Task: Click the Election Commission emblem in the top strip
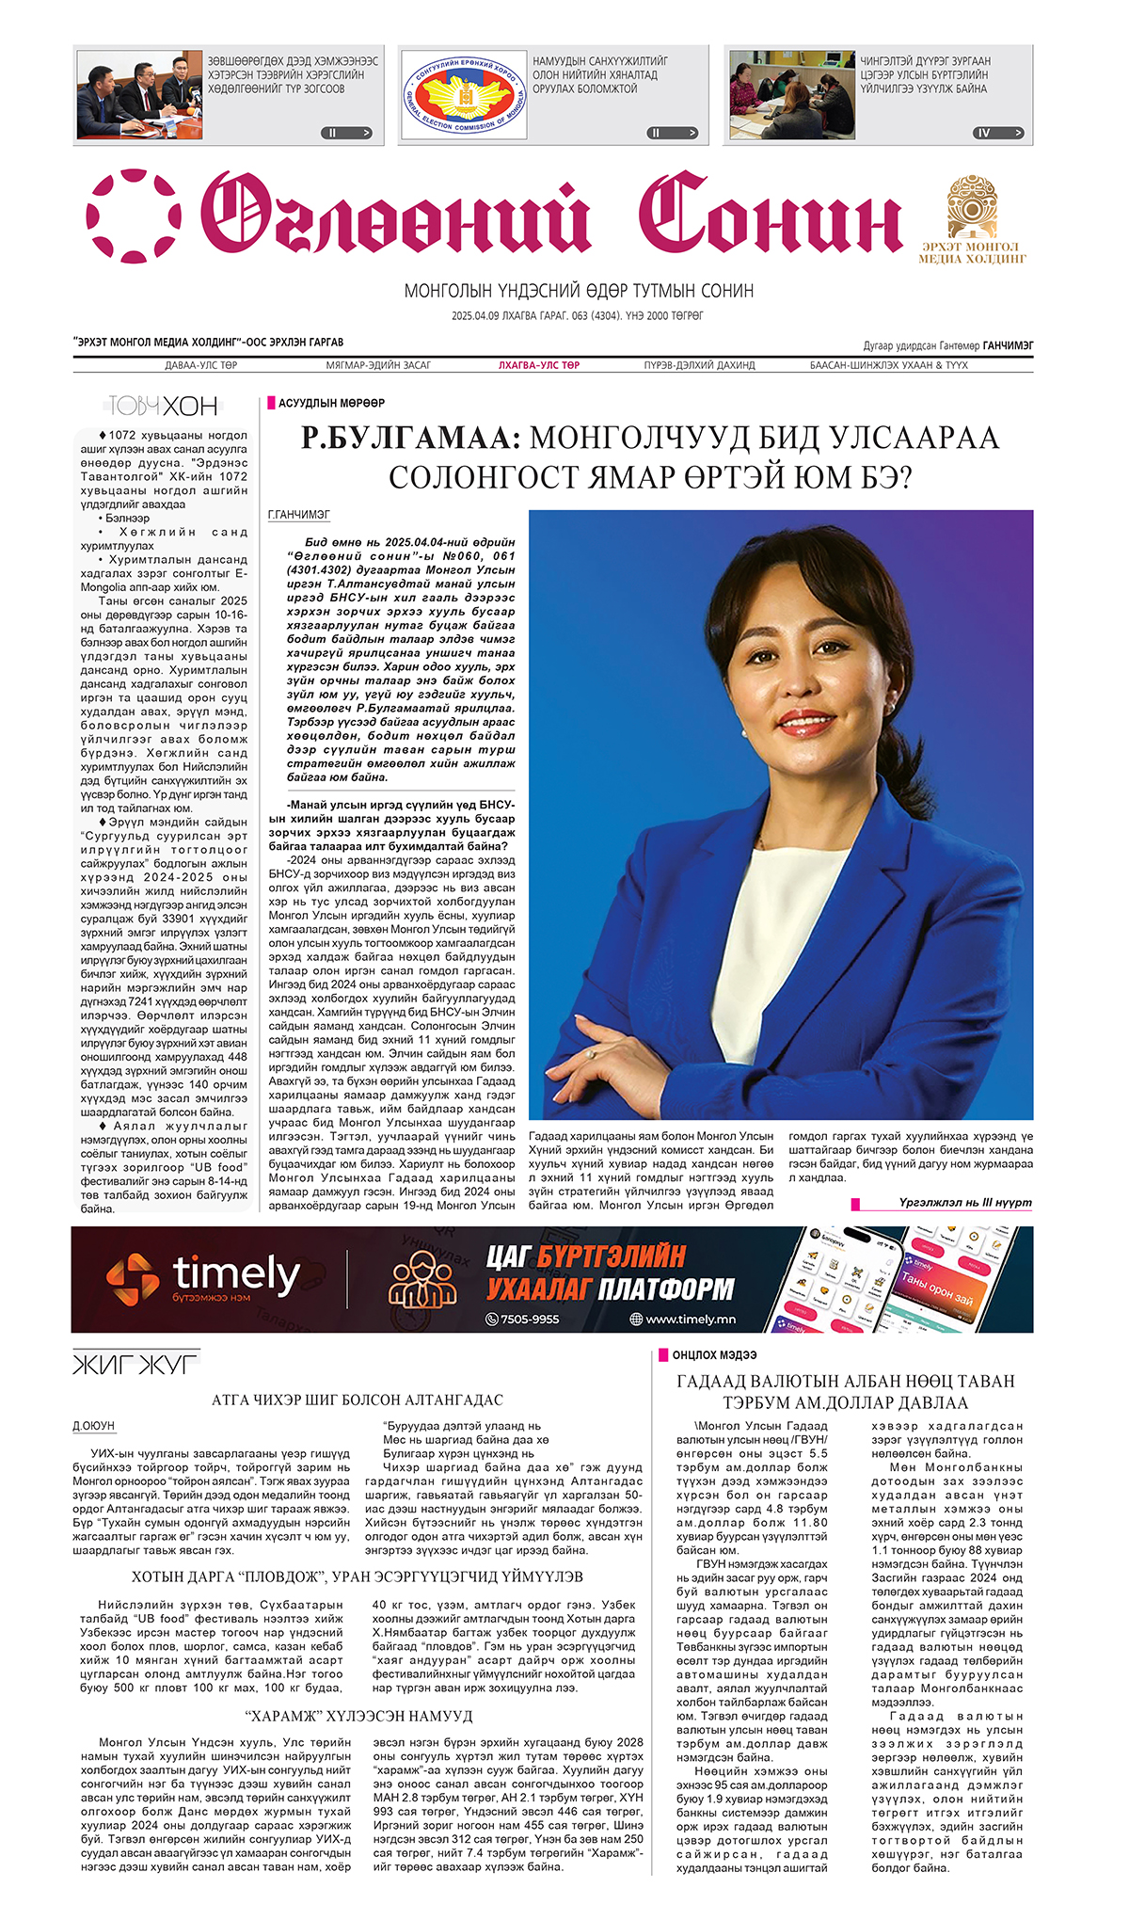[464, 95]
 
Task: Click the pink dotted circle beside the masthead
[134, 216]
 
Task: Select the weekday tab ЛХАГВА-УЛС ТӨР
[539, 365]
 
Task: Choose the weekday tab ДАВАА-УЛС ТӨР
[201, 365]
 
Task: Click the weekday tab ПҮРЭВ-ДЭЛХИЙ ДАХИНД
[699, 365]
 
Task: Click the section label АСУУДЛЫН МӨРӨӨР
[331, 403]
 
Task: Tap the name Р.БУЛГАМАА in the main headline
[409, 439]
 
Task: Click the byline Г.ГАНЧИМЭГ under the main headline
[299, 515]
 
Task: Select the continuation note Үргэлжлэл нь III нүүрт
[964, 1203]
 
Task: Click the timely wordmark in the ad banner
[235, 1274]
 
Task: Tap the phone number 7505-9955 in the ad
[529, 1320]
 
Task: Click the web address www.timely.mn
[691, 1320]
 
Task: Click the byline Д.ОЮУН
[94, 1426]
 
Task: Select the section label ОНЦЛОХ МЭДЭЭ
[714, 1355]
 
